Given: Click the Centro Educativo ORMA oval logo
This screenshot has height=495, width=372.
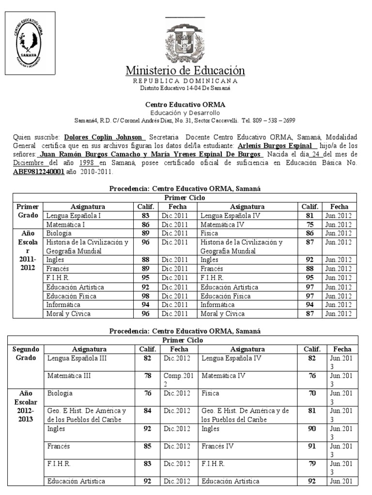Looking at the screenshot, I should coord(29,42).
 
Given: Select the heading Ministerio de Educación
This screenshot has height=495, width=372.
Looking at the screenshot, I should coord(186,71).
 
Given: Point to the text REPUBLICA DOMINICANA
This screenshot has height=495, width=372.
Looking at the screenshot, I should coord(186,81).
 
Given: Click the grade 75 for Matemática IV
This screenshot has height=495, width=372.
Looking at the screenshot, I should coord(310,224).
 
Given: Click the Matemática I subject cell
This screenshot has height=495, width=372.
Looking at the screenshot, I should coord(66,224).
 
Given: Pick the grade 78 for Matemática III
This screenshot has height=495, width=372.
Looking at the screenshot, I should coord(147,375).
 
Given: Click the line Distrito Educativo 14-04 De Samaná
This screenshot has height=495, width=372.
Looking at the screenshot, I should coord(186,88).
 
